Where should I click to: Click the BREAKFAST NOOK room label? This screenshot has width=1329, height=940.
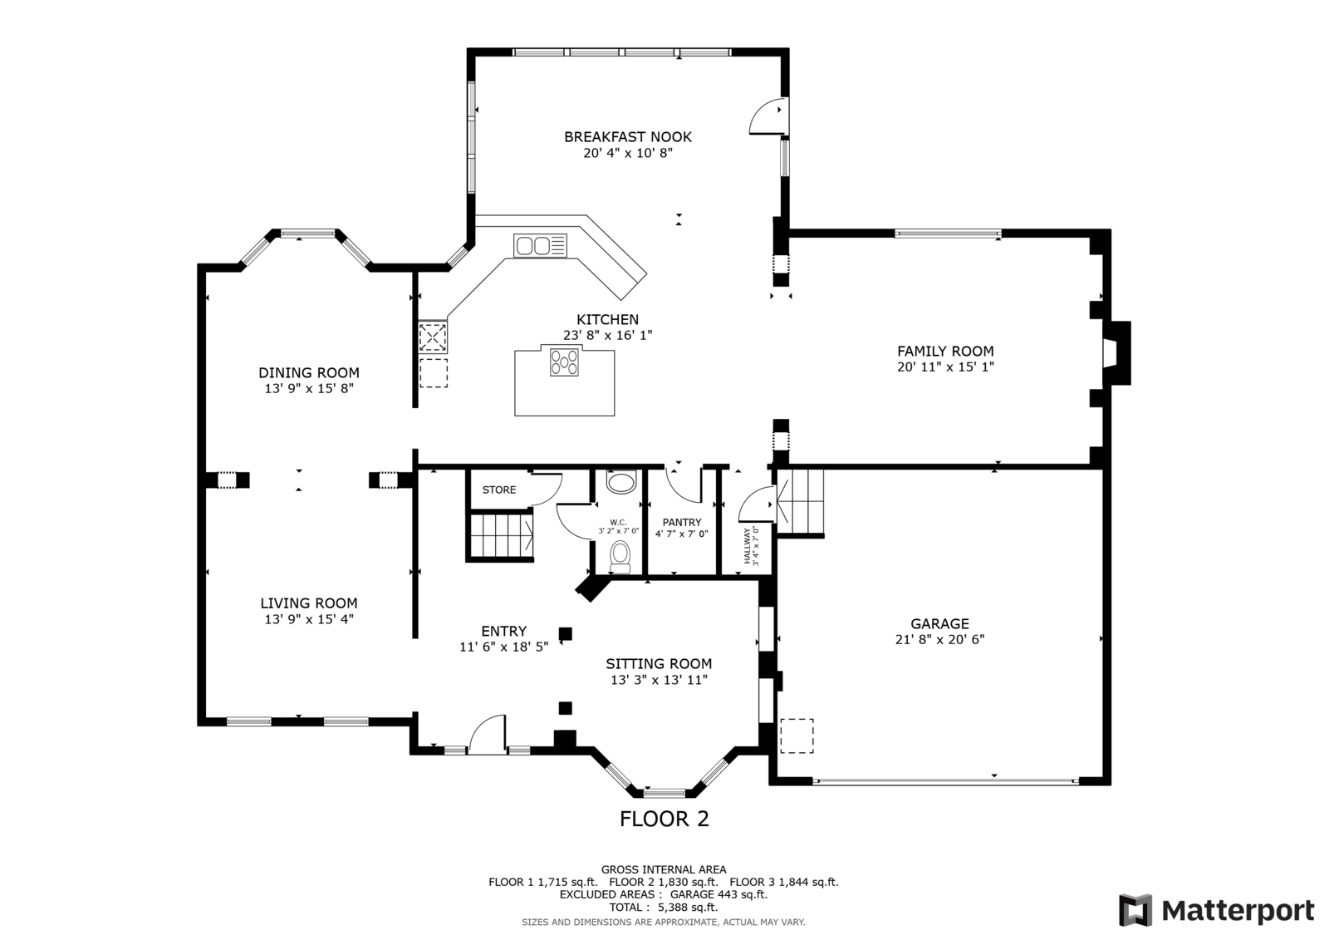point(627,137)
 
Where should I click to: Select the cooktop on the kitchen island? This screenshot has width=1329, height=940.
point(565,362)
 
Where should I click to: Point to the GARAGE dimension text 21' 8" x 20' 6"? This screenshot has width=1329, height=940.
point(939,639)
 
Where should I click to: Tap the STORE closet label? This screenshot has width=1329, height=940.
point(499,490)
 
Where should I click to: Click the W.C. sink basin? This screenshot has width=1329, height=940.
point(620,483)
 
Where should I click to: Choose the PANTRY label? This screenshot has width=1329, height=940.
point(681,522)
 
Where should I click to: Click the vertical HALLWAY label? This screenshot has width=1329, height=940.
point(747,546)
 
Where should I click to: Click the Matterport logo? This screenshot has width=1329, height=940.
point(1216,910)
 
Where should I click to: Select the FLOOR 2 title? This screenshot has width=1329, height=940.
point(664,819)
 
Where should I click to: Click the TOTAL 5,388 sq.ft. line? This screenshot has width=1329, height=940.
point(663,908)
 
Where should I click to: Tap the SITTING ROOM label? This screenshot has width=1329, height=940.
point(659,663)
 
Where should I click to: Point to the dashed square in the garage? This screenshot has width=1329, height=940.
point(796,736)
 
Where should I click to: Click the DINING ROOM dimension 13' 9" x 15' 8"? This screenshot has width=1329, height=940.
point(309,388)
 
